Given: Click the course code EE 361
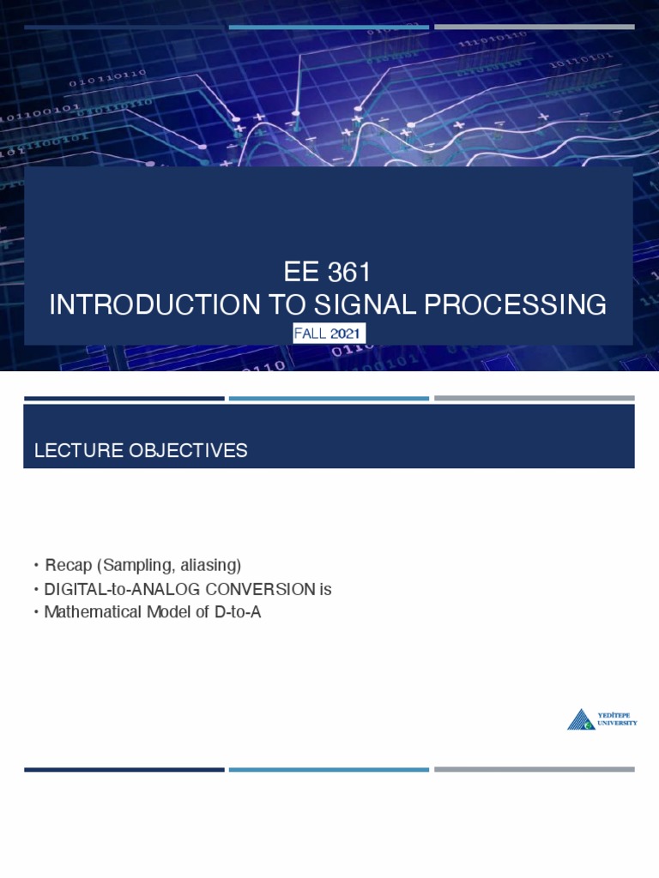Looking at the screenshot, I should (x=328, y=273).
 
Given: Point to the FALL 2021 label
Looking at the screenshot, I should (x=329, y=334).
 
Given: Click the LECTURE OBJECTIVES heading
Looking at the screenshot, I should (x=141, y=451).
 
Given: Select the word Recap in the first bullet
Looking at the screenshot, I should (x=69, y=565).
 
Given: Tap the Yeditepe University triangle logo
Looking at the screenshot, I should (x=581, y=719).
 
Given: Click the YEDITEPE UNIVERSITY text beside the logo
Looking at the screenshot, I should (x=619, y=719).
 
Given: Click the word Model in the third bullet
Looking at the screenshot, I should (x=160, y=612).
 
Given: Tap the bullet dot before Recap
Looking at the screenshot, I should (x=37, y=566).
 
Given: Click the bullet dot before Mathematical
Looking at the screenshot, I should (x=37, y=613).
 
